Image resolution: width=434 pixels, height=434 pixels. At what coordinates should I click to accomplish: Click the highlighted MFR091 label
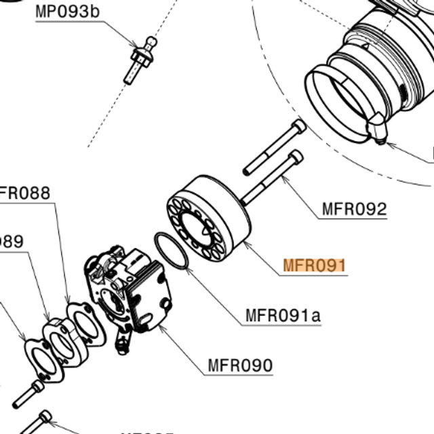pos(314,265)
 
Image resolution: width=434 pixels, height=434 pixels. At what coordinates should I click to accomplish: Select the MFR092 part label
pos(353,209)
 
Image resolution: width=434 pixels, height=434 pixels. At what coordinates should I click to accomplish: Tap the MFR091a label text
pos(283,315)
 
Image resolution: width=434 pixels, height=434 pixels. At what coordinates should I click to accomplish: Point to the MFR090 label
pos(240,366)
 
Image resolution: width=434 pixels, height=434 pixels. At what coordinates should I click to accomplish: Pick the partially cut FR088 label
pos(25,193)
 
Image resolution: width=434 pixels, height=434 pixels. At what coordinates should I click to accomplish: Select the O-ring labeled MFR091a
pos(172,250)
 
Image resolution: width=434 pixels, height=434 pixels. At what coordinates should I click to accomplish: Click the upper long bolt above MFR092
pos(275,146)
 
